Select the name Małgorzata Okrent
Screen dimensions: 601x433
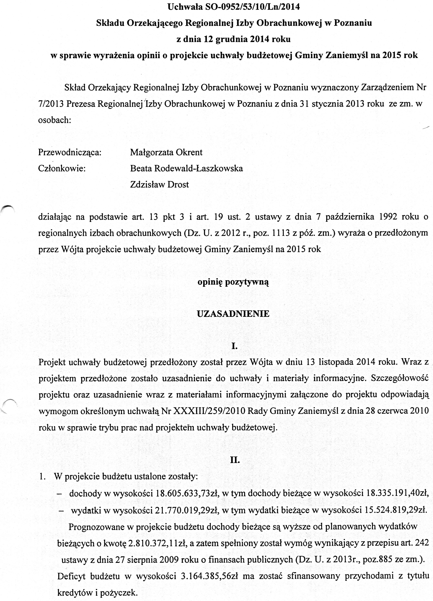pyautogui.click(x=166, y=152)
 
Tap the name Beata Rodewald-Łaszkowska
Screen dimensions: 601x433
pyautogui.click(x=186, y=168)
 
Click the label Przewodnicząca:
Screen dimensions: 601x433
pyautogui.click(x=70, y=152)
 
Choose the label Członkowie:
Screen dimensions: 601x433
pyautogui.click(x=62, y=169)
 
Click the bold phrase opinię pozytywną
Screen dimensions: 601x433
pyautogui.click(x=233, y=282)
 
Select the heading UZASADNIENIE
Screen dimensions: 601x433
pyautogui.click(x=233, y=314)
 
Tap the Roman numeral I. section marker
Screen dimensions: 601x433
pyautogui.click(x=234, y=346)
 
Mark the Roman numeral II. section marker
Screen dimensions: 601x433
pyautogui.click(x=235, y=460)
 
